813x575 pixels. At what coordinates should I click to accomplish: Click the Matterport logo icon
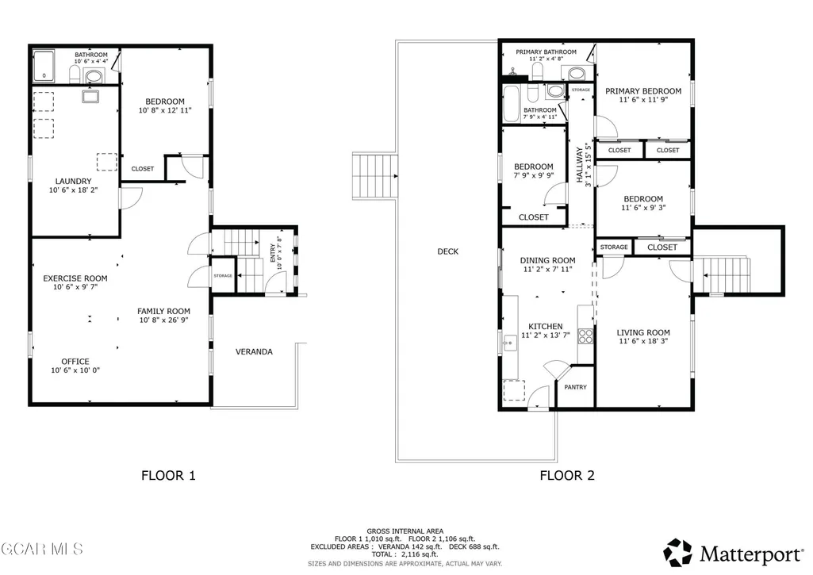[677, 553]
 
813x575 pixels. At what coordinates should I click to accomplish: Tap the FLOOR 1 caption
[168, 475]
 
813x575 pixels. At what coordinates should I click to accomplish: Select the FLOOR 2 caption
[567, 475]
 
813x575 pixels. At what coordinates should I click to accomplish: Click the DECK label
[448, 251]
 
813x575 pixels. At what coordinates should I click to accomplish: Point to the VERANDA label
[254, 351]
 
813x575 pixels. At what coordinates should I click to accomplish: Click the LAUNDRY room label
[73, 182]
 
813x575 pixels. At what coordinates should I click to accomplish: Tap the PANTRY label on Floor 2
[576, 387]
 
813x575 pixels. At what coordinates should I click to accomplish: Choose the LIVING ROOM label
[643, 332]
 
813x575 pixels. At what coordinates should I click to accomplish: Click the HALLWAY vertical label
[580, 165]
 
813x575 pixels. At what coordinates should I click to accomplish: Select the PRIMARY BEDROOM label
[643, 90]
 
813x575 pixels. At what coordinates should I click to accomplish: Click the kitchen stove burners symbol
[585, 336]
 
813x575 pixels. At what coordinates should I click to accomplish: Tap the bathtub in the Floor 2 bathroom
[512, 104]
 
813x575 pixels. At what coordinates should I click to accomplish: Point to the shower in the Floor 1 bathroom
[44, 66]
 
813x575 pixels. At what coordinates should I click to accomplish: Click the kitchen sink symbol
[510, 343]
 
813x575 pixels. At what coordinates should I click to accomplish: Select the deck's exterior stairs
[375, 176]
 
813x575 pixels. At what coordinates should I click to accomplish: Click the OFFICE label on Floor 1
[75, 362]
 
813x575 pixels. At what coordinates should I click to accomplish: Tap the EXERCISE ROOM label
[75, 278]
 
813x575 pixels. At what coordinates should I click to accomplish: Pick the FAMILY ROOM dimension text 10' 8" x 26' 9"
[164, 320]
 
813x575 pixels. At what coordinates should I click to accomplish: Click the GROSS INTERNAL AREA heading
[405, 531]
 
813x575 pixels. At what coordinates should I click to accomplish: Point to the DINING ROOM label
[547, 260]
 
